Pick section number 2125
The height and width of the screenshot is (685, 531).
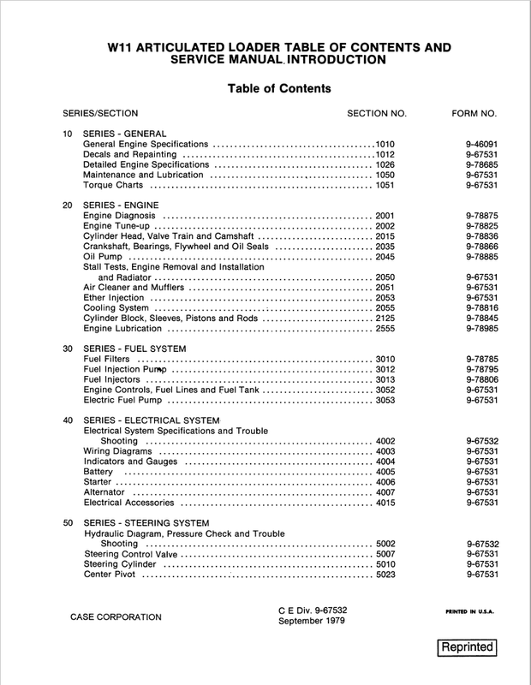[386, 318]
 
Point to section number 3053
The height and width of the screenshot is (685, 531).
[386, 401]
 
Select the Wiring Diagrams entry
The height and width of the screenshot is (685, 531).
[118, 451]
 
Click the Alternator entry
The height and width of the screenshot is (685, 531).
[106, 493]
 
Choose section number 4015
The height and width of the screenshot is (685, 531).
[386, 503]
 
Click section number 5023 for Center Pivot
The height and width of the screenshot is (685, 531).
[386, 575]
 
